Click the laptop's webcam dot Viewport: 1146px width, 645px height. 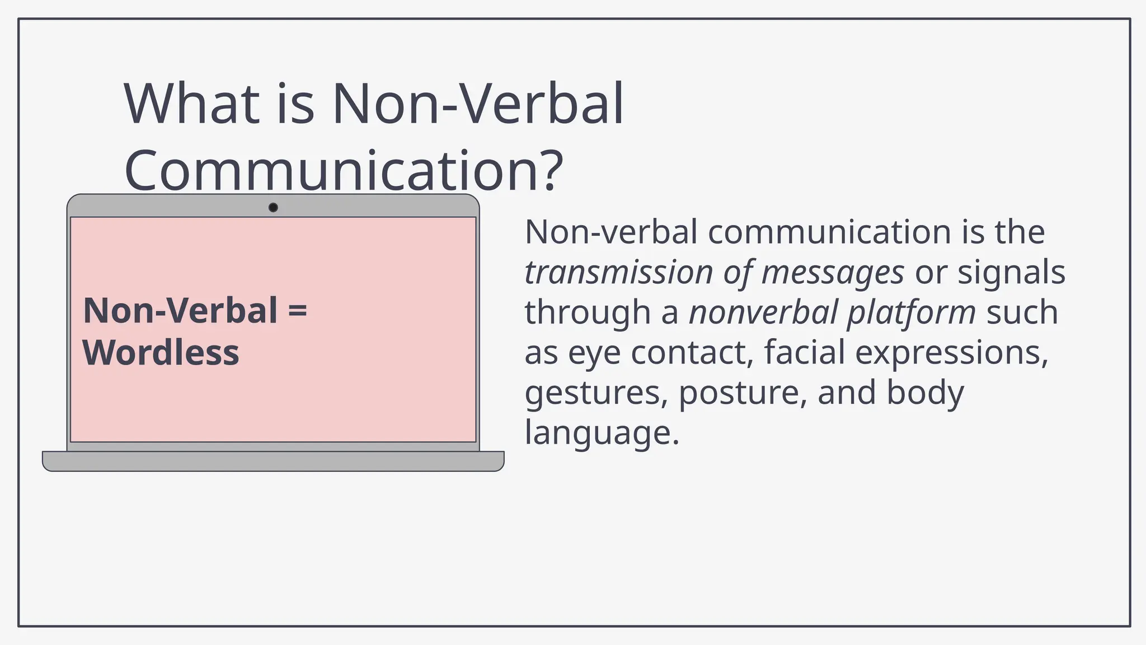point(273,208)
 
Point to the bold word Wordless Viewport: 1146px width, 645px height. point(161,353)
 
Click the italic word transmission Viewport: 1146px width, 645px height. point(618,273)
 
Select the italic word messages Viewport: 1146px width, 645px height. point(833,273)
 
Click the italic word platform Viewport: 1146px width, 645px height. point(912,312)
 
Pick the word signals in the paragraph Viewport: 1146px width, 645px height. point(1011,273)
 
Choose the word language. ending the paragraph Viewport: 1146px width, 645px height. point(602,433)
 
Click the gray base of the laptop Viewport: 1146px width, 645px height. point(273,461)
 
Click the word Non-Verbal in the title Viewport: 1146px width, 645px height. point(477,104)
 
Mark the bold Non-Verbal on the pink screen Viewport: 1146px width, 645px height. point(180,311)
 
